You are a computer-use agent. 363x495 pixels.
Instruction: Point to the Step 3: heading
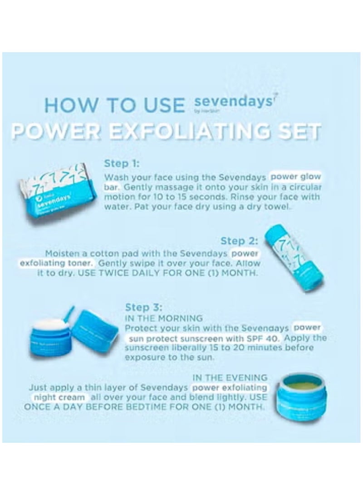click(x=143, y=308)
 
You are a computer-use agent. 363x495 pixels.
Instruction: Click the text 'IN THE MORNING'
click(x=163, y=318)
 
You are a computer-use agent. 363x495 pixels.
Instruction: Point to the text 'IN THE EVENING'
click(x=230, y=377)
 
